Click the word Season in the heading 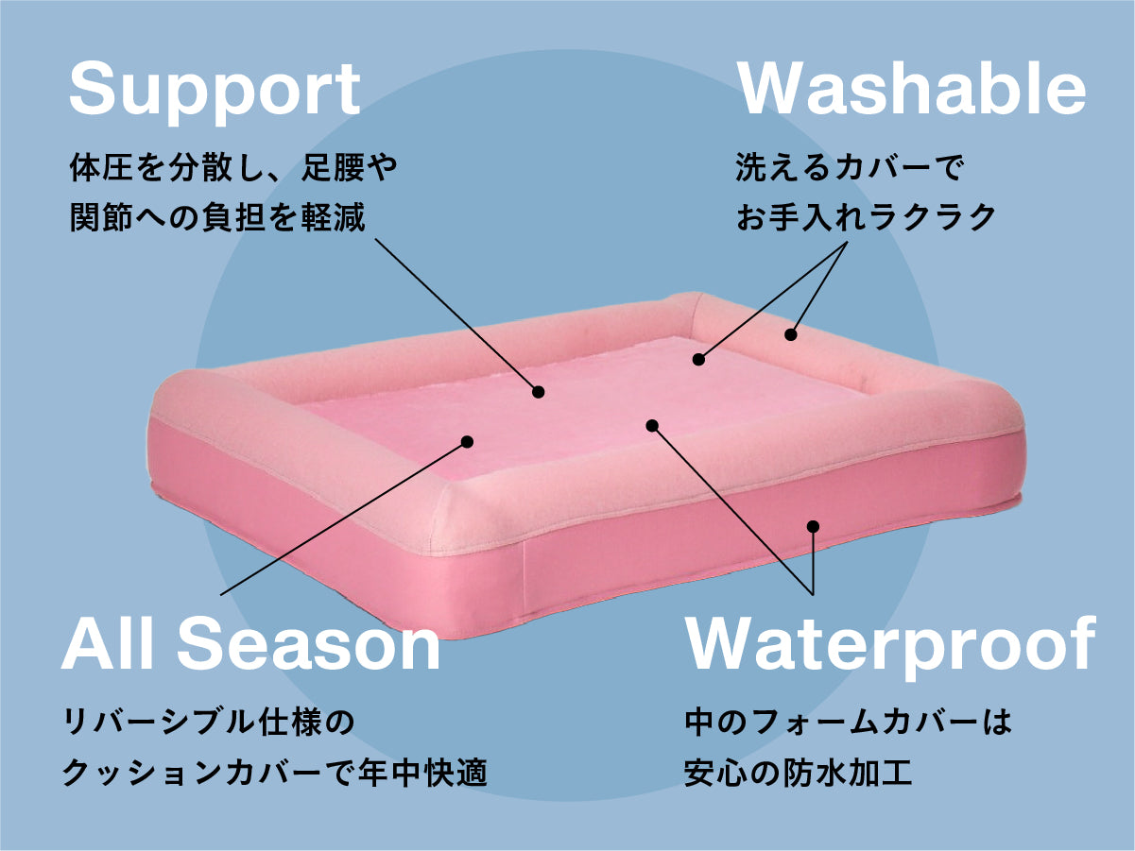click(x=309, y=645)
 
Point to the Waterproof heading click(x=889, y=645)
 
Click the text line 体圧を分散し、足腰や click(x=233, y=170)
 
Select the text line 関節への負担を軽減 click(x=217, y=217)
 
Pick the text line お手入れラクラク click(x=866, y=217)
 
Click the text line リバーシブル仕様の click(x=208, y=725)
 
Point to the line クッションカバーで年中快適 click(x=274, y=774)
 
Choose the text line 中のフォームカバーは click(x=848, y=725)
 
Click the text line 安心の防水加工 click(x=798, y=774)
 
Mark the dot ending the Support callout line click(x=539, y=391)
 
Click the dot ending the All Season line click(x=467, y=440)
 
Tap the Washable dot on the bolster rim click(x=790, y=333)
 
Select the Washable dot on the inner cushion click(x=698, y=359)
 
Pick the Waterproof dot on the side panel click(x=813, y=526)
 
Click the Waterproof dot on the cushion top click(x=651, y=425)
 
